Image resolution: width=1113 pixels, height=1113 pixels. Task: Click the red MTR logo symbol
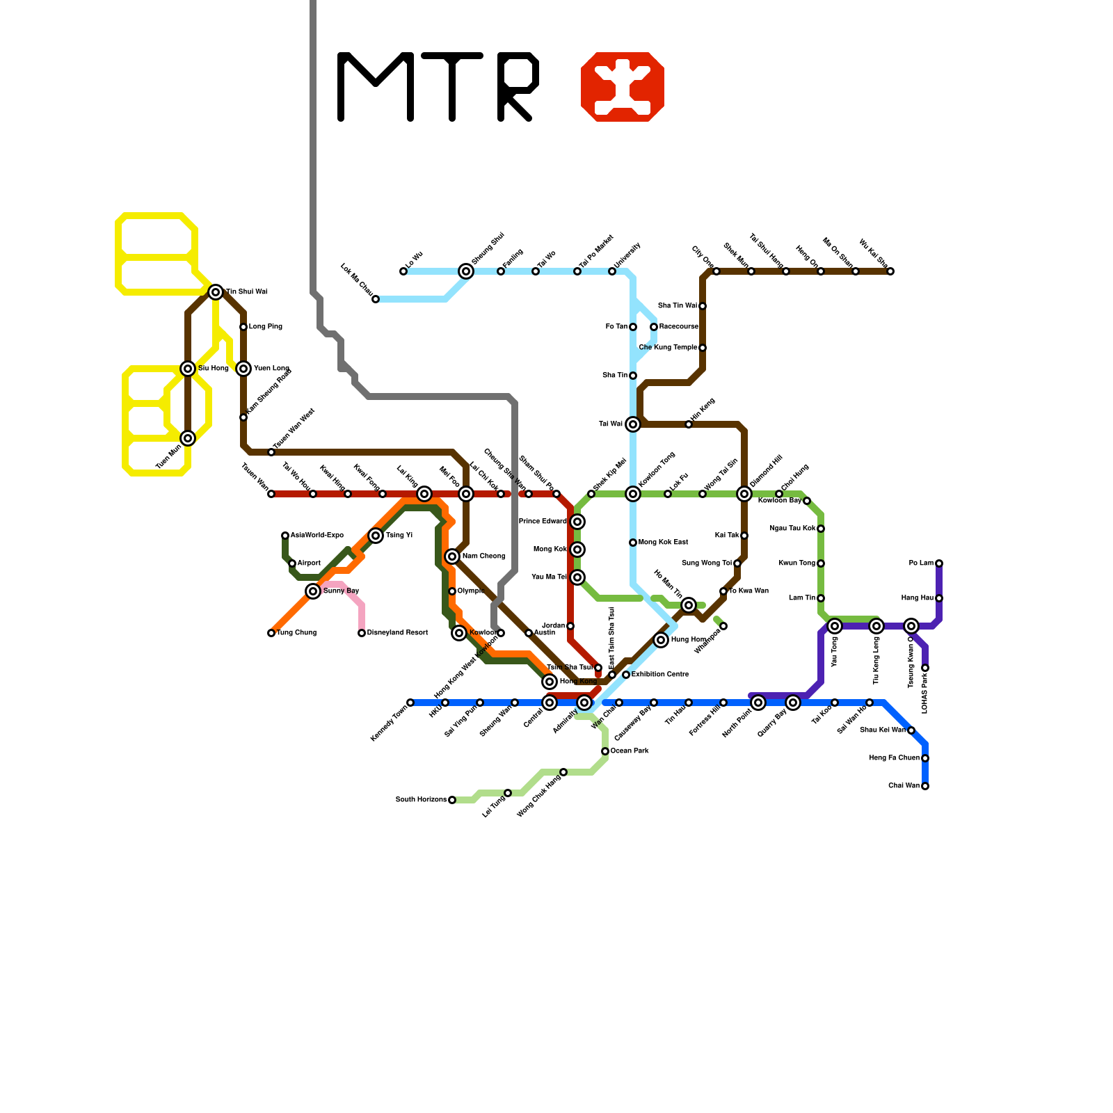coord(623,87)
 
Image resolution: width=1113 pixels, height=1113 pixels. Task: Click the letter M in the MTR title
coord(376,87)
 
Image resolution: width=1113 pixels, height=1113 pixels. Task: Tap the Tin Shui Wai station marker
coord(216,292)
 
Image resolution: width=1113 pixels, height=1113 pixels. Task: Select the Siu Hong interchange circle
coord(188,369)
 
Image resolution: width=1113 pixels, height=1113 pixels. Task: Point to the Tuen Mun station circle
coord(188,438)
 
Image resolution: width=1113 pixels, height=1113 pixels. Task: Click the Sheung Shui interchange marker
coord(466,271)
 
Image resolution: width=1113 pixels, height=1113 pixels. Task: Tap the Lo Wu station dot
coord(403,271)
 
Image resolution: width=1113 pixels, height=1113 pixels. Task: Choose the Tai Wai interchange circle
coord(633,424)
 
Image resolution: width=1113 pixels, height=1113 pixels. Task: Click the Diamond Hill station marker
coord(744,494)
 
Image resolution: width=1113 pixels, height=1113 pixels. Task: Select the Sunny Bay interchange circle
coord(313,591)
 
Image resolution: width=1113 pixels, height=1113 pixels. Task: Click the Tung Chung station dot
coord(271,633)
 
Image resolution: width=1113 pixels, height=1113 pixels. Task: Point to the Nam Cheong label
coord(483,556)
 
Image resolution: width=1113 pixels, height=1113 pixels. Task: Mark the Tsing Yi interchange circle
coord(376,536)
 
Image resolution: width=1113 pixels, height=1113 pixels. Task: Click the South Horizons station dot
coord(452,800)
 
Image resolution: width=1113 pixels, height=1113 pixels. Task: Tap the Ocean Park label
coord(630,751)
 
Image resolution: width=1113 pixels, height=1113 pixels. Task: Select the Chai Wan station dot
coord(925,786)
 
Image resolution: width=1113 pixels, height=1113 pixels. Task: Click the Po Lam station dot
coord(939,563)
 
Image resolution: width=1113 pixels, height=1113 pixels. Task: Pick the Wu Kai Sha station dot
coord(890,271)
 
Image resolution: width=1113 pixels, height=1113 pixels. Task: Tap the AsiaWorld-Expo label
coord(317,536)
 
